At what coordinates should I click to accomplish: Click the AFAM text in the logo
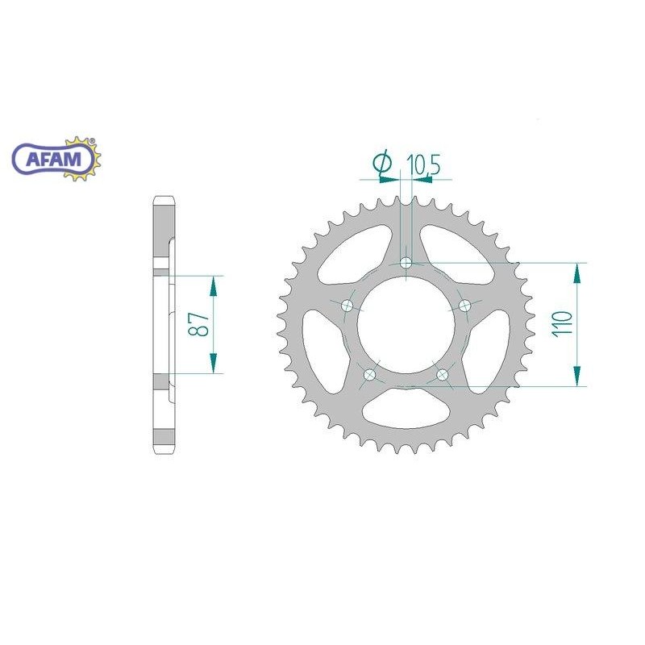pyautogui.click(x=53, y=159)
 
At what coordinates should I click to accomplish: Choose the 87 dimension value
pyautogui.click(x=198, y=324)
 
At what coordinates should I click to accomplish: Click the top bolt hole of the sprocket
pyautogui.click(x=406, y=263)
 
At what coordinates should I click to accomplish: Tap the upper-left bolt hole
pyautogui.click(x=347, y=306)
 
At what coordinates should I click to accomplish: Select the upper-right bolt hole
pyautogui.click(x=465, y=306)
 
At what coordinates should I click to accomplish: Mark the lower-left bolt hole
pyautogui.click(x=370, y=374)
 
